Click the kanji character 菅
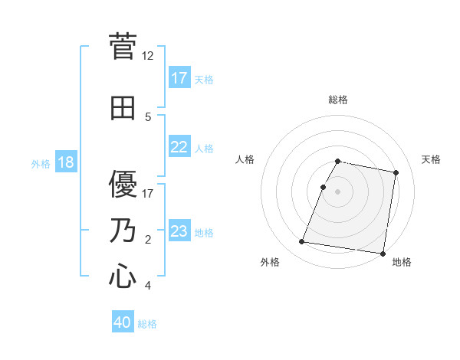tap(123, 46)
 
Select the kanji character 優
tap(123, 184)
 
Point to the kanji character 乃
tap(123, 231)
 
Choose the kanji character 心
tap(123, 276)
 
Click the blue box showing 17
tap(179, 78)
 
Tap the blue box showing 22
tap(179, 148)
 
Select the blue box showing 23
tap(179, 232)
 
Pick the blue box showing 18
tap(65, 163)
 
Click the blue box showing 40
tap(123, 323)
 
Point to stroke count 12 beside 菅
tap(148, 56)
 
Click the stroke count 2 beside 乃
tap(148, 240)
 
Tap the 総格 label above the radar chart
tap(338, 100)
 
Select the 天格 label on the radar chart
tap(431, 159)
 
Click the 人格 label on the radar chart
tap(245, 159)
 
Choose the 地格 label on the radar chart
tap(402, 263)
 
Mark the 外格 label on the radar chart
tap(270, 263)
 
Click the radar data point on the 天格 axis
tap(396, 173)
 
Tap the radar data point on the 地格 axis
tap(382, 253)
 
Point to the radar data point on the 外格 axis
tap(302, 242)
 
